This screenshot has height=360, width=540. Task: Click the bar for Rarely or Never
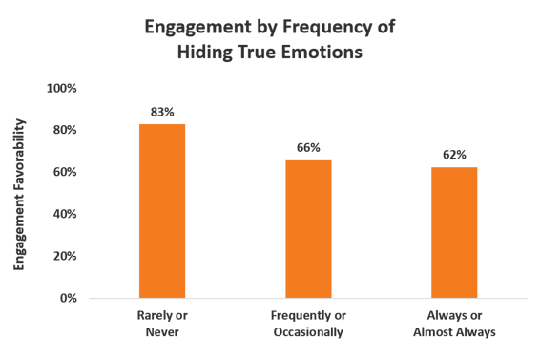tap(162, 211)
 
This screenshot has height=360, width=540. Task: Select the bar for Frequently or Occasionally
tap(308, 228)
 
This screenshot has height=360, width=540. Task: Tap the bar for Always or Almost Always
tap(454, 232)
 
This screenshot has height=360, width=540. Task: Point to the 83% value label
tap(162, 112)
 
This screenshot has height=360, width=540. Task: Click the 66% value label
tap(308, 147)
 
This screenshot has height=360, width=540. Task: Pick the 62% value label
tap(454, 156)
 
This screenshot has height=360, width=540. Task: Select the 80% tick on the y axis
tap(64, 130)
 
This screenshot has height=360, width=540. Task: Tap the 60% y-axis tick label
tap(64, 172)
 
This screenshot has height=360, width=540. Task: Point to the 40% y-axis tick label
tap(64, 214)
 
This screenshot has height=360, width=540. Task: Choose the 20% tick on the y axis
tap(64, 256)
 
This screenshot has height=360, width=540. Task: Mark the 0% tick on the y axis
tap(68, 298)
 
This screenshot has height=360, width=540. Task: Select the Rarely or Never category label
tap(162, 324)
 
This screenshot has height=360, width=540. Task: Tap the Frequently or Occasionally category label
tap(307, 324)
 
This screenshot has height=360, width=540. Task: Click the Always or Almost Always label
tap(454, 324)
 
